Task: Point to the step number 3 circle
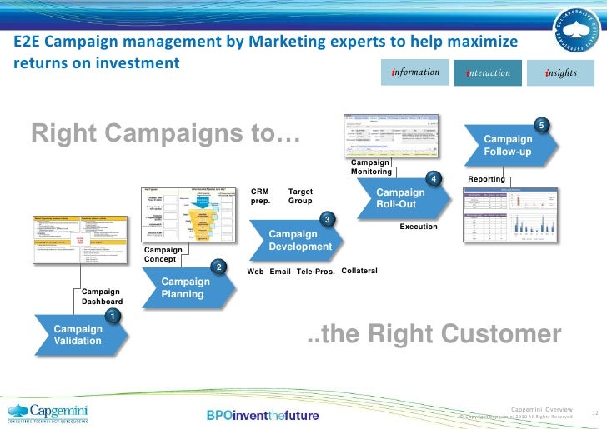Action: click(x=328, y=219)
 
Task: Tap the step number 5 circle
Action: click(x=541, y=125)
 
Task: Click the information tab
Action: click(x=415, y=72)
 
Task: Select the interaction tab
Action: click(x=488, y=72)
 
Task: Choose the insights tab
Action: click(x=560, y=72)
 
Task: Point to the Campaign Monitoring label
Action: click(x=370, y=167)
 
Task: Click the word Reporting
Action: click(x=486, y=179)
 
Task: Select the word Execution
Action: click(x=418, y=227)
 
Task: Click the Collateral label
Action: click(x=359, y=271)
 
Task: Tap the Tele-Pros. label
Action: click(x=315, y=272)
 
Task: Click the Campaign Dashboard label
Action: click(x=102, y=296)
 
